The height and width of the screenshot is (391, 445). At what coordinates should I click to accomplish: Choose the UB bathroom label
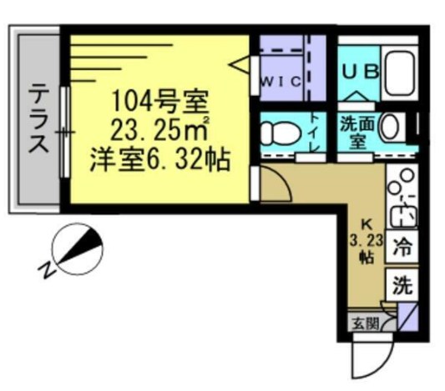[360, 71]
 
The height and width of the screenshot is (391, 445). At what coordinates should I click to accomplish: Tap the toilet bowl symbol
[276, 134]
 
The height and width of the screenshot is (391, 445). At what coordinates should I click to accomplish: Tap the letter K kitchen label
[366, 223]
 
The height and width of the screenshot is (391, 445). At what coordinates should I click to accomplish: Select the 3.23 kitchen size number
[366, 240]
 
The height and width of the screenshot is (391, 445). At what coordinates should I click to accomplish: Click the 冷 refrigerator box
[402, 247]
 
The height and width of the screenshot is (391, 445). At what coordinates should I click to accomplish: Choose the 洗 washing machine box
[402, 286]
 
